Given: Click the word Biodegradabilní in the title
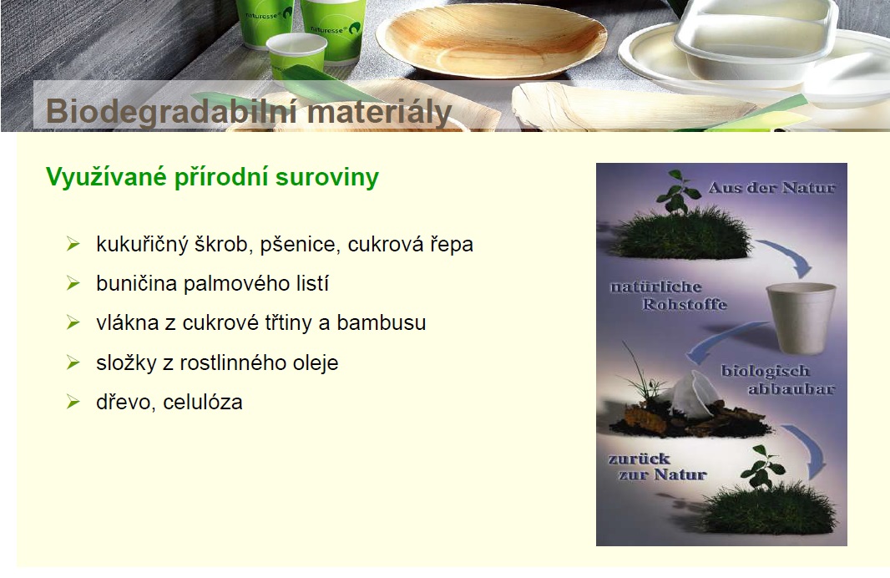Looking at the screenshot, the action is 171,111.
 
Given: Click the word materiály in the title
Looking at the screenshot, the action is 379,111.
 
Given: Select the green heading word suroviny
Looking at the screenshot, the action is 326,177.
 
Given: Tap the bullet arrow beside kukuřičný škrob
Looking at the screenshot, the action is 73,244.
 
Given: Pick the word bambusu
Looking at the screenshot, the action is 381,322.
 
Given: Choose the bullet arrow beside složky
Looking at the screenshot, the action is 73,363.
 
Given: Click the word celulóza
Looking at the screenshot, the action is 203,402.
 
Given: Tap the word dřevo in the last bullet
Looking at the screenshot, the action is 127,402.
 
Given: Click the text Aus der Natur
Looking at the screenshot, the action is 772,187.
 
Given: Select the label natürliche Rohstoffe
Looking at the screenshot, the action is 669,296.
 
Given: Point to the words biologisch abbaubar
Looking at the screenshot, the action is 777,380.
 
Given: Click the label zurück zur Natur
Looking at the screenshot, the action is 657,466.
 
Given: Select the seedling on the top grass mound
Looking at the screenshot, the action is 676,193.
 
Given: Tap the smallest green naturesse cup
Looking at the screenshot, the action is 290,56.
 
